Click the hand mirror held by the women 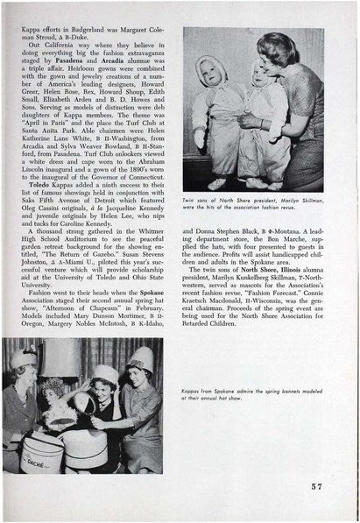click(x=86, y=404)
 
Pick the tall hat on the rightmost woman click(x=138, y=368)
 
